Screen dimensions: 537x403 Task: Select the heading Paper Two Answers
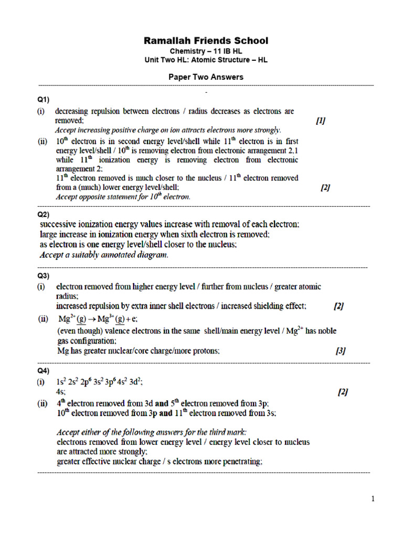(206, 77)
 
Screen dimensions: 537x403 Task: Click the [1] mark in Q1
(321, 121)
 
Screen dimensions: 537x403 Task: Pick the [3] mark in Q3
(341, 351)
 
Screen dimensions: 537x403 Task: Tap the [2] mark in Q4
(343, 392)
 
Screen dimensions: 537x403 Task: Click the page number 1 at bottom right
(373, 499)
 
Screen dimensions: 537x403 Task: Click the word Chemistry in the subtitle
(187, 51)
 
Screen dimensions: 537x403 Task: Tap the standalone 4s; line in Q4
(61, 392)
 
